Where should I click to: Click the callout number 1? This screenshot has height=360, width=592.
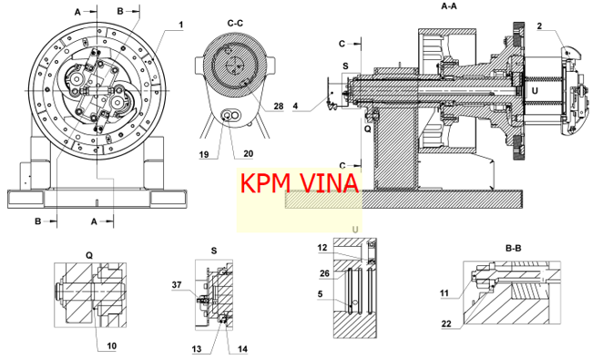tap(181, 25)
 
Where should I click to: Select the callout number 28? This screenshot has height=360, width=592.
tap(279, 106)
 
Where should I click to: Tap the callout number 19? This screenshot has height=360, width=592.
tap(203, 155)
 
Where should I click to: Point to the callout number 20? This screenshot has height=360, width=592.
tap(248, 154)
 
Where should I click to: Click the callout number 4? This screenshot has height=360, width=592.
tap(295, 107)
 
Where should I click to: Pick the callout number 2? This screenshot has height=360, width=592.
tap(539, 26)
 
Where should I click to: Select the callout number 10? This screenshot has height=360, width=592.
tap(112, 345)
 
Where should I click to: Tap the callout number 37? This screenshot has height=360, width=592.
tap(177, 285)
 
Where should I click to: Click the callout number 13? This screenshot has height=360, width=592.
tap(197, 349)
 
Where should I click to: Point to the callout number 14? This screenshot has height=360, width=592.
tap(242, 349)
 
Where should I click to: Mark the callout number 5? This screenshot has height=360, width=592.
tap(321, 293)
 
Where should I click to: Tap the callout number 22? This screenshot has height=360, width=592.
tap(446, 324)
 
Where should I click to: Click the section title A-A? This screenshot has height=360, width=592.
tap(449, 6)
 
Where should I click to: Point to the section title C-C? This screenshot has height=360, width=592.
tap(235, 24)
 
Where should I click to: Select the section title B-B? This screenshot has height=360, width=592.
tap(513, 248)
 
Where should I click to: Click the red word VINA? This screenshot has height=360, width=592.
tap(329, 183)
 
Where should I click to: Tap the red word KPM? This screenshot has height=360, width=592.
tap(265, 183)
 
